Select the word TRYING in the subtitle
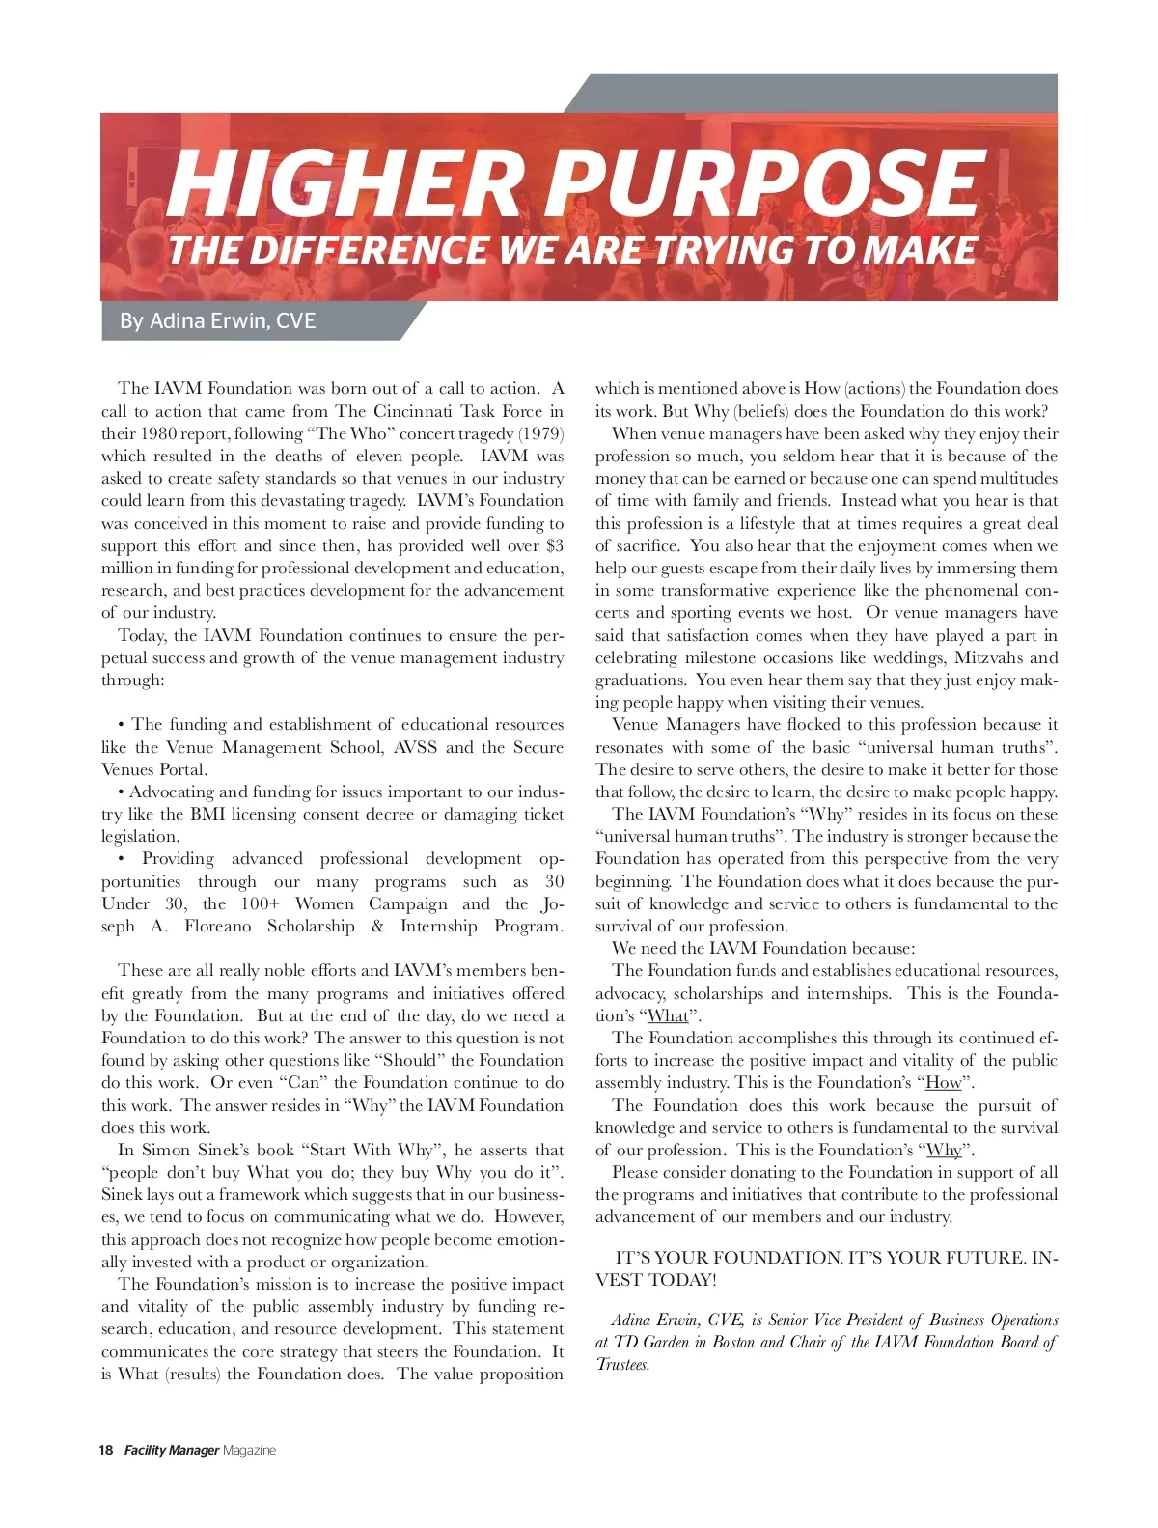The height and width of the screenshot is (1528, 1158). coord(726,250)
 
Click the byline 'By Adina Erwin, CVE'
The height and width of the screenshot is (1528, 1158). coord(218,320)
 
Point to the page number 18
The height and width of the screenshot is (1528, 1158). coord(106,1450)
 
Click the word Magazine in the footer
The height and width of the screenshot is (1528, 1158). coord(249,1450)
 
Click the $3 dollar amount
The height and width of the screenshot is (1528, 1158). coord(554,545)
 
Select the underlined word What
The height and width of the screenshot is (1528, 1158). coord(668,1015)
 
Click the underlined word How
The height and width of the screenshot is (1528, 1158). coord(944,1082)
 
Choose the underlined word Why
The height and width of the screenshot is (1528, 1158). coord(944,1150)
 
